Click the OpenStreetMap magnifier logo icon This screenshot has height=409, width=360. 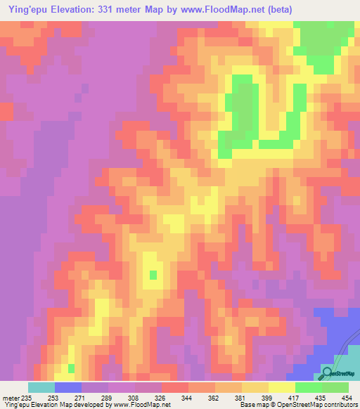pyautogui.click(x=328, y=372)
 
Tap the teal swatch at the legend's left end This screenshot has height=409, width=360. pyautogui.click(x=41, y=387)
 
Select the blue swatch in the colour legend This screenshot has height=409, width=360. pyautogui.click(x=68, y=387)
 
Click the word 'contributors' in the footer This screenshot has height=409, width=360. pyautogui.click(x=340, y=405)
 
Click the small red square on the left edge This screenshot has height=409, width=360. pyautogui.click(x=6, y=111)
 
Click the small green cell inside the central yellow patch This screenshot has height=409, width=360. pyautogui.click(x=153, y=273)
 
